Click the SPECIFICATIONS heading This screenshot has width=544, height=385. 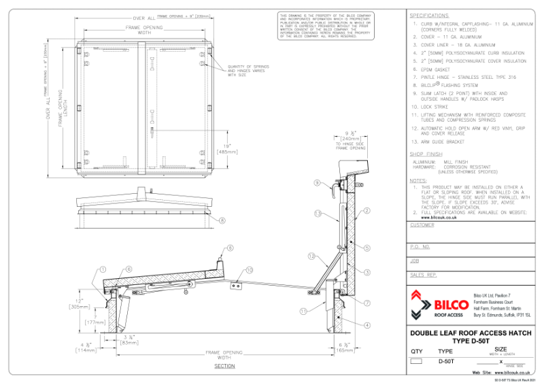[430, 15]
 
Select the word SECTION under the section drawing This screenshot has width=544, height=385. [224, 366]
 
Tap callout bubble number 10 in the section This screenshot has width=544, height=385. [249, 269]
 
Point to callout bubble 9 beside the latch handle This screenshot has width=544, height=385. [317, 183]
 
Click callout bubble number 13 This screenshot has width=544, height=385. [317, 213]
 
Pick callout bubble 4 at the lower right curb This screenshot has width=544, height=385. [367, 326]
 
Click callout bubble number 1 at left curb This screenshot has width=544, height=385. [103, 269]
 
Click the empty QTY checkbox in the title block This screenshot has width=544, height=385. [417, 361]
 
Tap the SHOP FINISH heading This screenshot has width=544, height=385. [426, 154]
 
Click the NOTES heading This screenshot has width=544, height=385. [418, 180]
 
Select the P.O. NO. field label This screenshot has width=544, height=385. [420, 246]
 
